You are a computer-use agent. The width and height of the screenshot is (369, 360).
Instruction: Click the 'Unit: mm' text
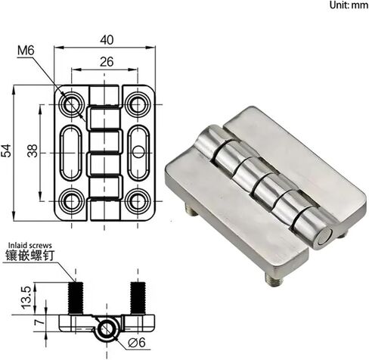tap(348, 5)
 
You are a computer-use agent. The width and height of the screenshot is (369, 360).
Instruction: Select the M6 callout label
tap(26, 51)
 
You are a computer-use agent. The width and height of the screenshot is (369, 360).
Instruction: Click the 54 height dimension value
tap(7, 151)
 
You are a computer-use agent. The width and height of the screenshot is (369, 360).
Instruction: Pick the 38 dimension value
tap(32, 151)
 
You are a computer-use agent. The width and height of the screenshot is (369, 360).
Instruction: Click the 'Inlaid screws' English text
tap(30, 245)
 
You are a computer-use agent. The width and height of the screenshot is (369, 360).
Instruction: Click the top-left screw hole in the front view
tap(73, 104)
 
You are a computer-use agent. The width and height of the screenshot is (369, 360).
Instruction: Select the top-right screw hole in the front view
tap(137, 104)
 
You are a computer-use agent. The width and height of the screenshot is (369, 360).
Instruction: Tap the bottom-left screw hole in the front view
tap(73, 200)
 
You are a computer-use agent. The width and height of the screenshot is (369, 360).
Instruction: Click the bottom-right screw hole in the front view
tap(137, 200)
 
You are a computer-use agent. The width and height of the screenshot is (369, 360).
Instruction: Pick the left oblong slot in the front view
tap(73, 152)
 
